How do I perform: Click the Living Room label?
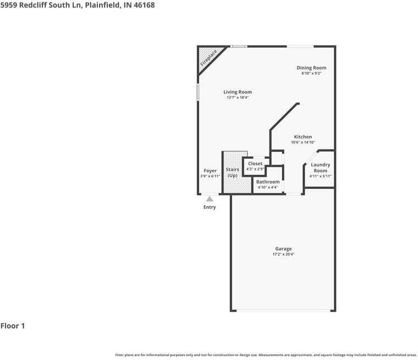tap(238, 92)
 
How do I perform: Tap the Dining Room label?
tap(311, 68)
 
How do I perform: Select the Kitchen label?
tap(302, 137)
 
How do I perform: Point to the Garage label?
tap(284, 248)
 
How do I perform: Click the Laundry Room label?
tap(320, 168)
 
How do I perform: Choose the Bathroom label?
tap(268, 182)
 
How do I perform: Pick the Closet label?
tap(255, 164)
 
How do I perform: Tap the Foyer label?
tap(210, 171)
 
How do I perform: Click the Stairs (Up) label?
tap(233, 172)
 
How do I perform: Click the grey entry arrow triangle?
tap(210, 199)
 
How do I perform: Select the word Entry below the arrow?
tap(210, 207)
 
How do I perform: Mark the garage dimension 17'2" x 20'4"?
tap(284, 254)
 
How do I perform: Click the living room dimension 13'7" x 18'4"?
tap(238, 97)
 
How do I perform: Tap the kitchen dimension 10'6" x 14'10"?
tap(303, 142)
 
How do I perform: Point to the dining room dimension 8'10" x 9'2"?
tap(311, 73)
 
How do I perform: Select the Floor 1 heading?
tap(13, 326)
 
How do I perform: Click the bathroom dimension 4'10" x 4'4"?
tap(268, 187)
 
